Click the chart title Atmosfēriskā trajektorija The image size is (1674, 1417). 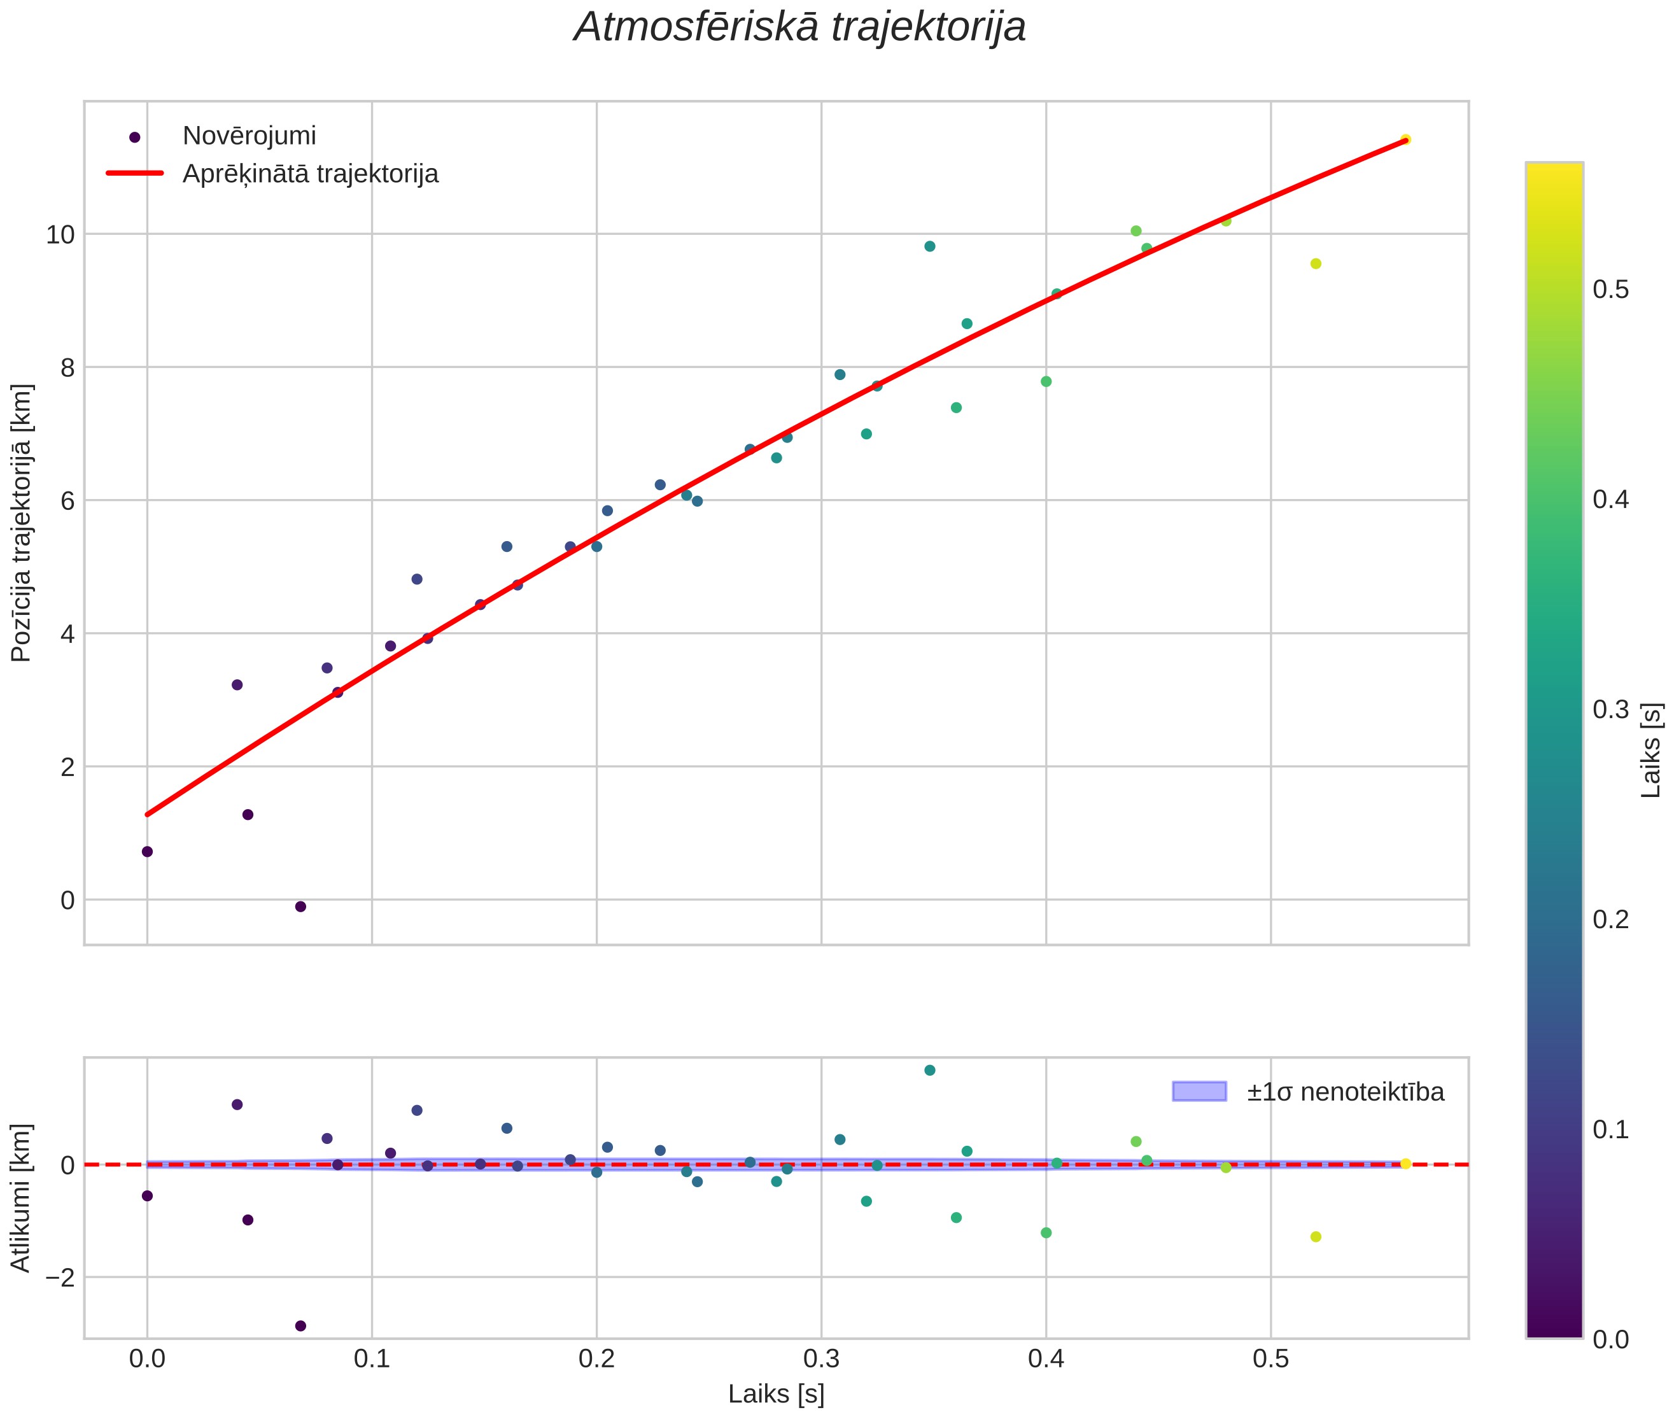(800, 27)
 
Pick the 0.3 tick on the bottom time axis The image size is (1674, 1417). (821, 1359)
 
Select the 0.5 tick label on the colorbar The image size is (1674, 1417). (1612, 289)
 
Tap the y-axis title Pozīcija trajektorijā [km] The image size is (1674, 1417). (22, 523)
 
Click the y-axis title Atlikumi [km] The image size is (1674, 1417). (22, 1198)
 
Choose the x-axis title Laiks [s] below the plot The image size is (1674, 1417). (776, 1395)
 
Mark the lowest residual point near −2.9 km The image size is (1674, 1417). (300, 1325)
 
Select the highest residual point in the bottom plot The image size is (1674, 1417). (929, 1070)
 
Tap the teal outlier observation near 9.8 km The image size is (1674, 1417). (929, 246)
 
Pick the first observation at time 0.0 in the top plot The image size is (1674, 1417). (147, 852)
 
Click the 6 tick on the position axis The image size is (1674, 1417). (67, 500)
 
